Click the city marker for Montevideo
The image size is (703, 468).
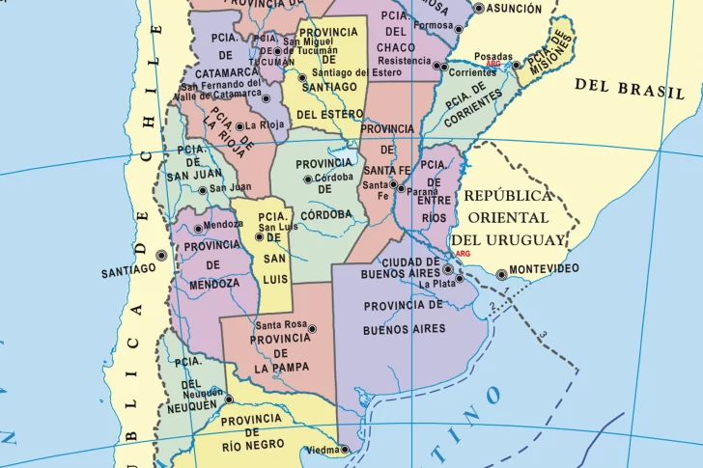point(501,275)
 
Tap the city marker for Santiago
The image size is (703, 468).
point(161,256)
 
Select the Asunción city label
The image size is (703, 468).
point(514,9)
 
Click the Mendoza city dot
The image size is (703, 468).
point(198,229)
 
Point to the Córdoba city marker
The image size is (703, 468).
point(308,179)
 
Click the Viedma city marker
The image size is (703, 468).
point(345,449)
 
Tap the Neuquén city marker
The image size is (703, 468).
point(229,399)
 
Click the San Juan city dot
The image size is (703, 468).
point(203,189)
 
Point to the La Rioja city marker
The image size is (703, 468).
point(239,125)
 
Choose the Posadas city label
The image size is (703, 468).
point(493,57)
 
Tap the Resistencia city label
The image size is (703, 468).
point(405,60)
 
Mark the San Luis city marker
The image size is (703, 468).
point(259,236)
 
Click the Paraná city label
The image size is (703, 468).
point(422,192)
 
